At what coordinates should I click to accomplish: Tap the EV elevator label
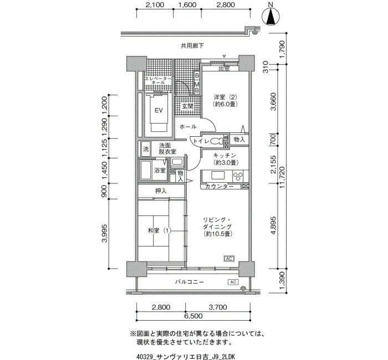coord(159,110)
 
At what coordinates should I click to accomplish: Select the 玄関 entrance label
coord(187,106)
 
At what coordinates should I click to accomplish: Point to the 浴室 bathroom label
coord(160,170)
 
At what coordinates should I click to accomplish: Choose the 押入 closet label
coord(161,191)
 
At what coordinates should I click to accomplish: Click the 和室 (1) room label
coord(160,231)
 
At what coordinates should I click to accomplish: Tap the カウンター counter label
coord(219,187)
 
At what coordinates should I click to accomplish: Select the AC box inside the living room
coord(229,259)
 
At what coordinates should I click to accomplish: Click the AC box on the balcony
coord(233,282)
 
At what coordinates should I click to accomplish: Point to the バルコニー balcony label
coord(190,282)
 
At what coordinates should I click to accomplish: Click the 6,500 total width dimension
coord(193,316)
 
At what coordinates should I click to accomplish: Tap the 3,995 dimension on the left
coord(104,233)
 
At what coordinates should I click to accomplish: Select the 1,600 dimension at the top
coord(187,5)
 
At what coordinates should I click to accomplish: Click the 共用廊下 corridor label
coord(192,46)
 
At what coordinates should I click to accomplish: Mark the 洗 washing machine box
coord(146,149)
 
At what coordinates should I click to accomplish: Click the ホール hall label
coord(188,127)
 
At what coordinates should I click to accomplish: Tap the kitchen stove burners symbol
coord(238,176)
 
